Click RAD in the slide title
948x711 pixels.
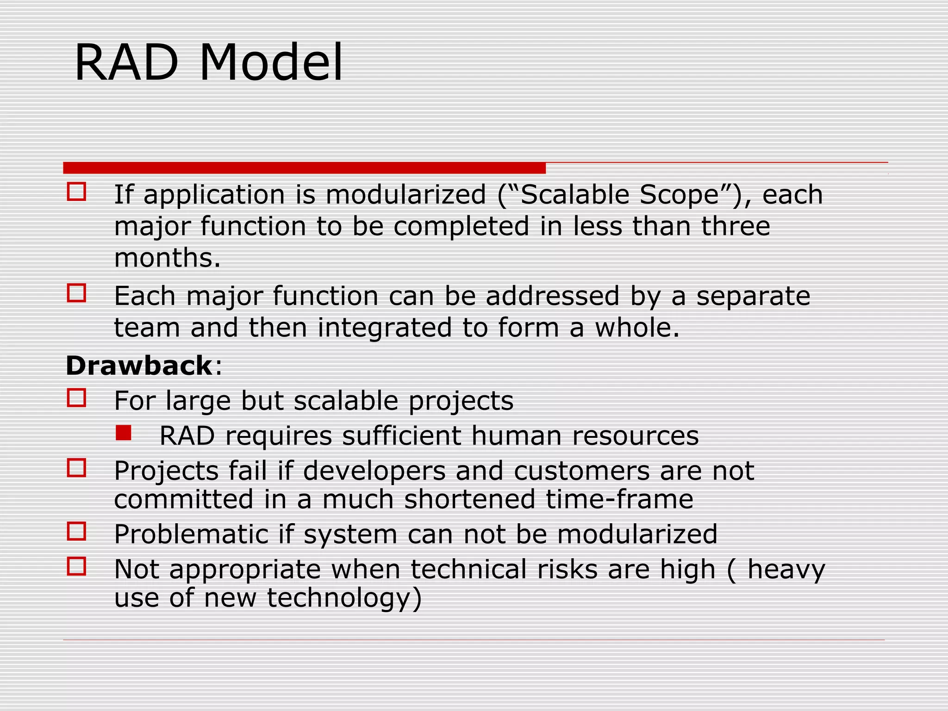[x=126, y=62]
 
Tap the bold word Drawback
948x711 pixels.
[x=139, y=366]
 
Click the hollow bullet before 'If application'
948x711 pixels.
[x=76, y=191]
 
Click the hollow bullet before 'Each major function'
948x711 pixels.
[x=76, y=293]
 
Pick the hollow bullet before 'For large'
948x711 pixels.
[x=76, y=398]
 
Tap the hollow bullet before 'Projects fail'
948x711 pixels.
[x=76, y=468]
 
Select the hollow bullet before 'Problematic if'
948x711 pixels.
[x=76, y=531]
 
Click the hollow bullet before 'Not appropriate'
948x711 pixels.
[x=76, y=566]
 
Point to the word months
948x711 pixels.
[x=167, y=258]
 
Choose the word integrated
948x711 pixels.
[x=384, y=328]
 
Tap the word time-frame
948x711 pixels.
[x=619, y=499]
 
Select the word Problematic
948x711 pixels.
[x=191, y=534]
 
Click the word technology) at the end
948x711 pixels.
[x=344, y=598]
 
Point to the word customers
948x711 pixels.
[x=582, y=471]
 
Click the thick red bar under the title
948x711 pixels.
[x=304, y=168]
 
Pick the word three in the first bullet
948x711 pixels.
[x=735, y=226]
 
